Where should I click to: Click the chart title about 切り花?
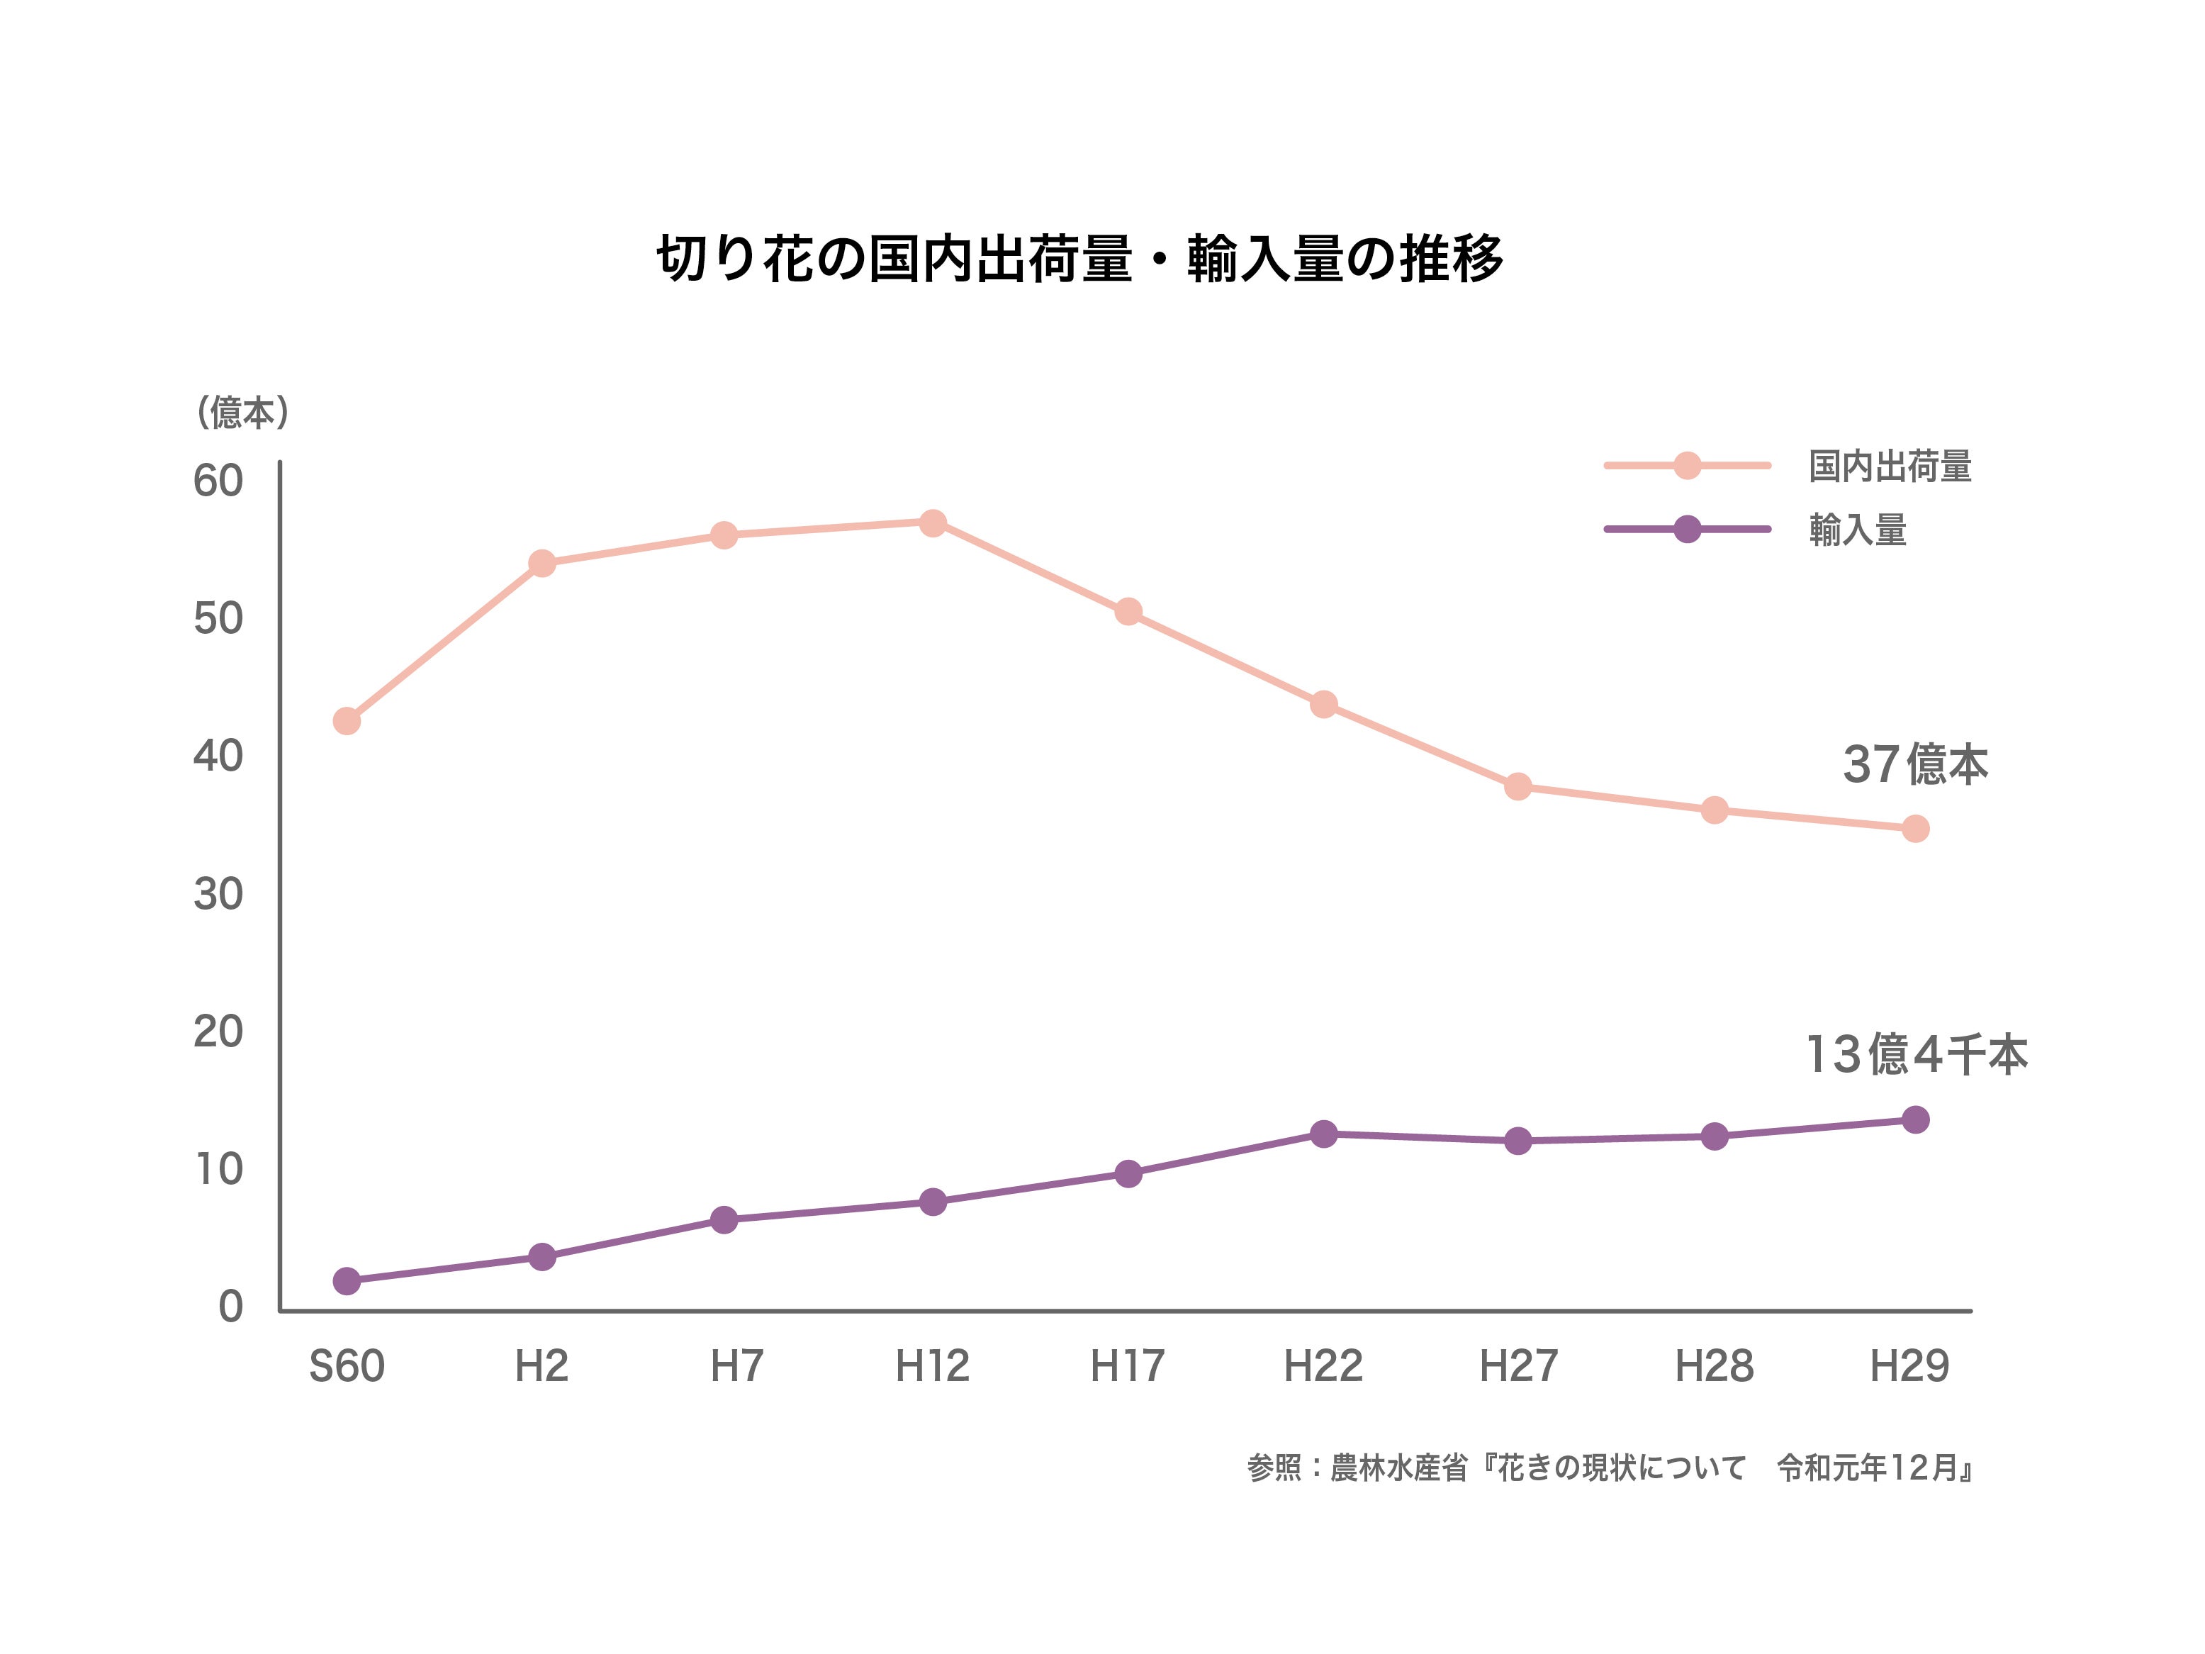click(1079, 259)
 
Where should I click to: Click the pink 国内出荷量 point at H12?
click(932, 523)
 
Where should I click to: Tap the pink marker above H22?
click(1323, 705)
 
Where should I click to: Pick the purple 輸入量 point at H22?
click(1323, 1134)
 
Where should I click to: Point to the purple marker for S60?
click(346, 1281)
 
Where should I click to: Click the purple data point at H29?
click(1914, 1119)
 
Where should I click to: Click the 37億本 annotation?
click(1914, 765)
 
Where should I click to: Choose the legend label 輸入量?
click(1857, 530)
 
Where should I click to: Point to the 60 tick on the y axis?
click(218, 481)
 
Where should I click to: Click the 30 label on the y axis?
click(218, 894)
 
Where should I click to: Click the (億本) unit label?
click(243, 412)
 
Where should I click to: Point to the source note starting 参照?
click(1609, 1468)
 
